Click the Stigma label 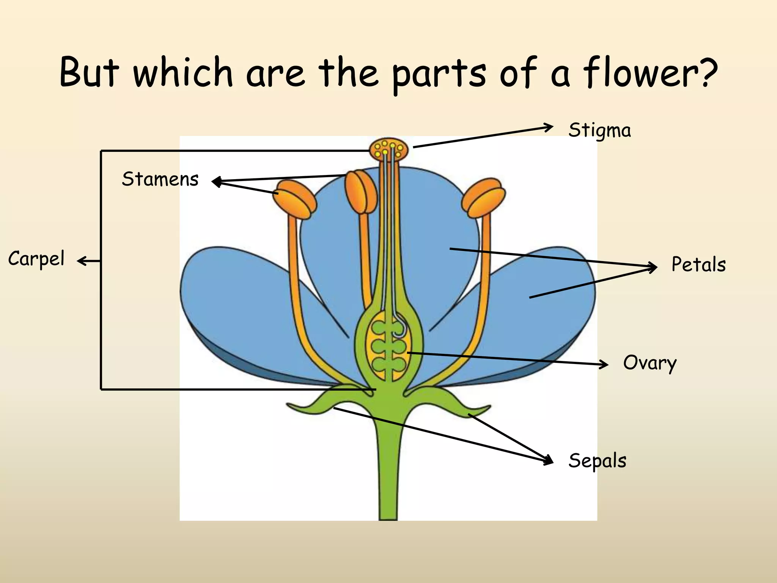coord(599,131)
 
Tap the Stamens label coord(160,179)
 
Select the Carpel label coord(36,259)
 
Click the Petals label coord(698,265)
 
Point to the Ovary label coord(650,363)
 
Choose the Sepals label coord(597,461)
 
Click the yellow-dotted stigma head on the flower coord(389,149)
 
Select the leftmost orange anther coord(297,199)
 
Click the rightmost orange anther coord(483,198)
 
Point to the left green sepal coord(322,402)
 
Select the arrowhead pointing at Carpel coord(80,261)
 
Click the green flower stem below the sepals coord(388,474)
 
